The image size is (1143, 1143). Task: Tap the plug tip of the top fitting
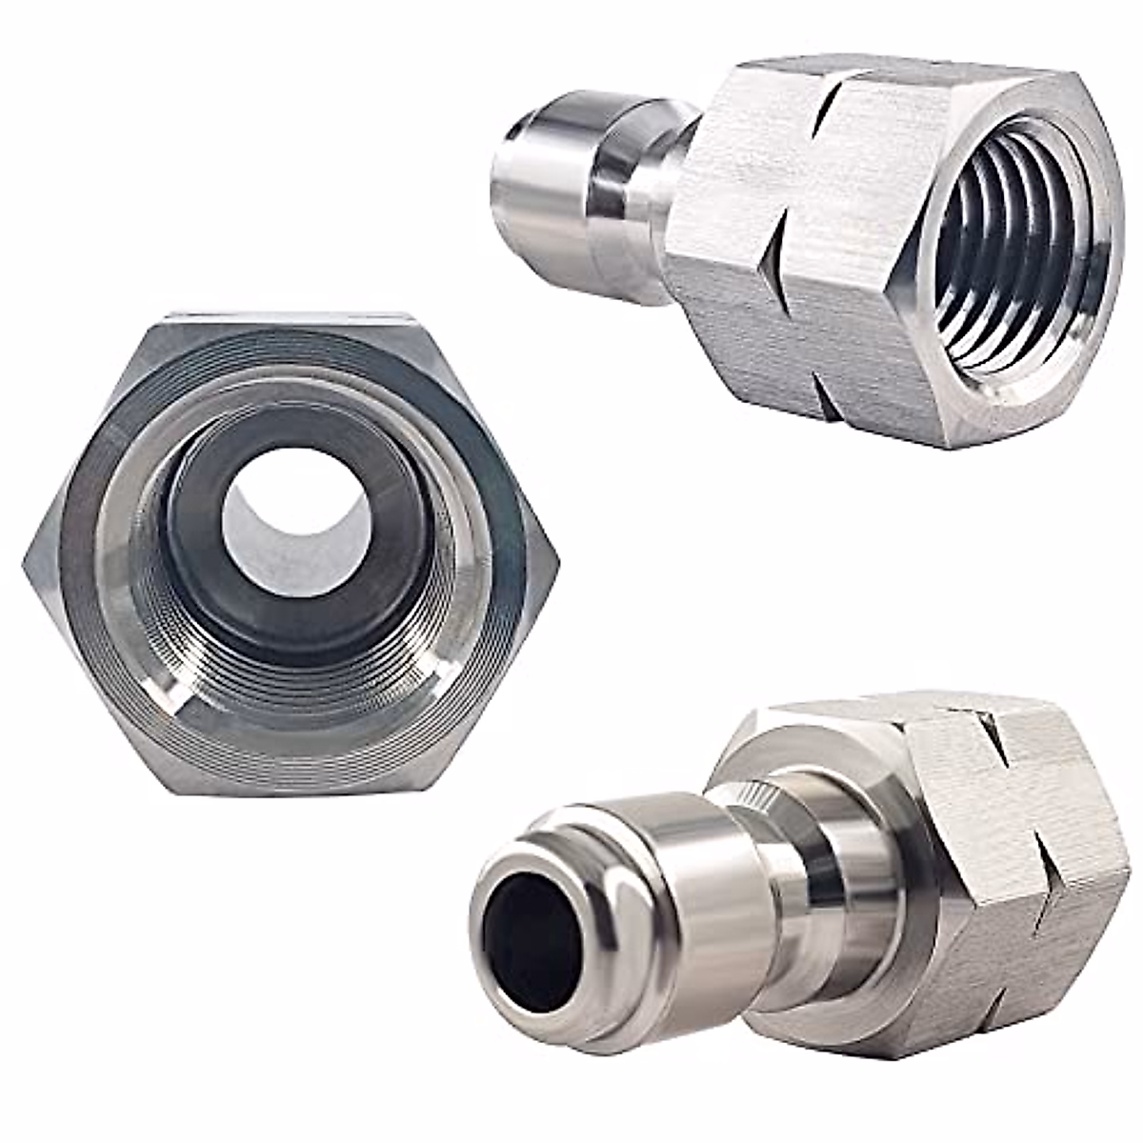[x=514, y=190]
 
